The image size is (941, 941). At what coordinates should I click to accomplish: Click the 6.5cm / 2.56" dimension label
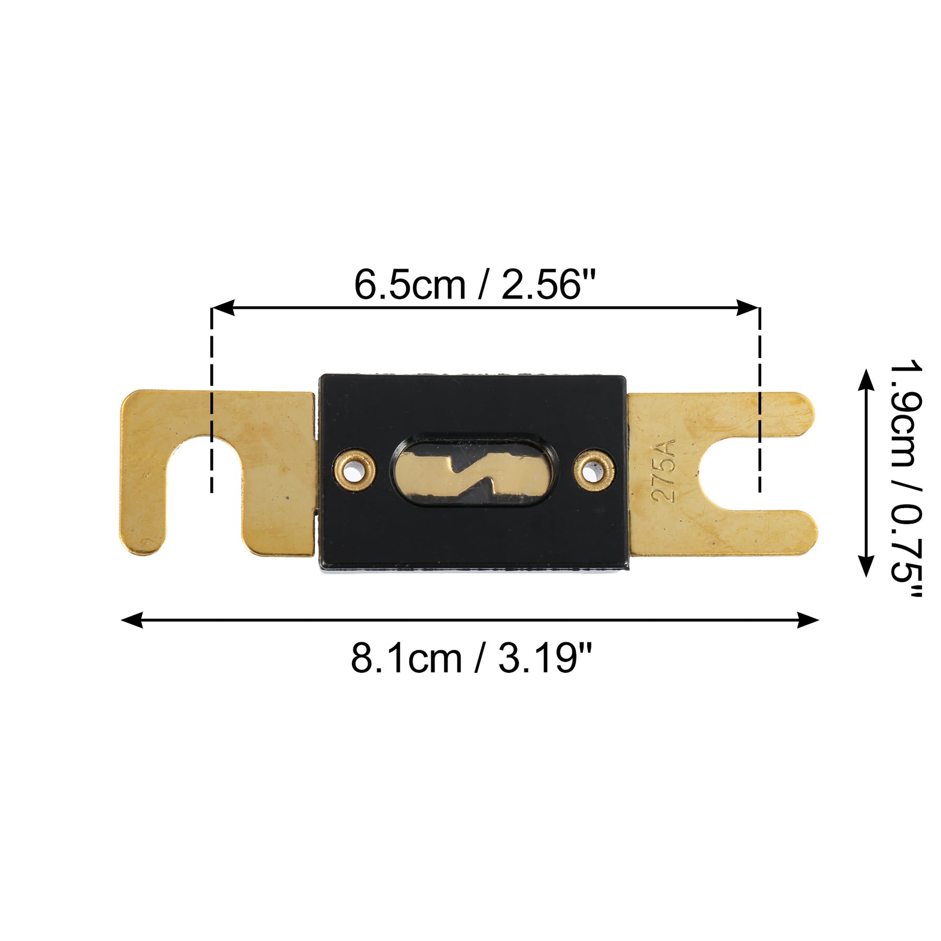pyautogui.click(x=475, y=285)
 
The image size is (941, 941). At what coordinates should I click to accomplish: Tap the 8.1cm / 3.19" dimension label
pyautogui.click(x=472, y=659)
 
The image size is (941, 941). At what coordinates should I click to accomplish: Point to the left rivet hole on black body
pyautogui.click(x=355, y=470)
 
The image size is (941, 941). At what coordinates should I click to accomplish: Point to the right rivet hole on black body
pyautogui.click(x=594, y=470)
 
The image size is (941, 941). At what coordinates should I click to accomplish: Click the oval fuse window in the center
pyautogui.click(x=473, y=470)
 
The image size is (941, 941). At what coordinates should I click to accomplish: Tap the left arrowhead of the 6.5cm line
pyautogui.click(x=223, y=308)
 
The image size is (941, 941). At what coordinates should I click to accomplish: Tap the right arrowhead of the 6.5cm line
pyautogui.click(x=748, y=308)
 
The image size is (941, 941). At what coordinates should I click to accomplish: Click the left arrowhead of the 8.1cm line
pyautogui.click(x=132, y=620)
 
